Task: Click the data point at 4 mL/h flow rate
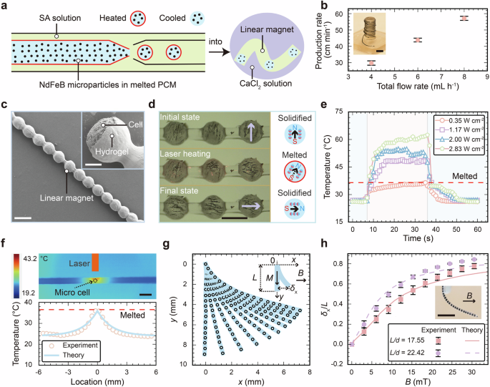click(371, 63)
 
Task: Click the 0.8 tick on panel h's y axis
click(337, 264)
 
